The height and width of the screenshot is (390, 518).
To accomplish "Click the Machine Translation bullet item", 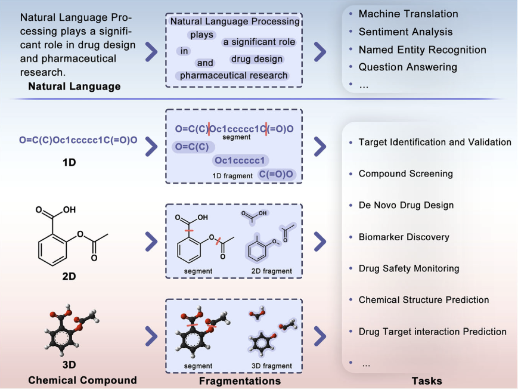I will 408,14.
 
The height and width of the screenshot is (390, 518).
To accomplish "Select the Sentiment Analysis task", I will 405,32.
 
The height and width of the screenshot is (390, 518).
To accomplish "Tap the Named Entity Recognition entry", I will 422,49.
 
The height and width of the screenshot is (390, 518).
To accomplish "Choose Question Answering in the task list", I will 408,67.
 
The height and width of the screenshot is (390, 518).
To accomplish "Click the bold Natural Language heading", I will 74,86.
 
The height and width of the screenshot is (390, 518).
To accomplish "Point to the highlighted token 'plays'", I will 201,35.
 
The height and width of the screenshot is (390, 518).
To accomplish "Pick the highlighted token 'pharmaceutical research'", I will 234,76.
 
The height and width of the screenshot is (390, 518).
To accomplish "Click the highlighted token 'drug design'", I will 256,60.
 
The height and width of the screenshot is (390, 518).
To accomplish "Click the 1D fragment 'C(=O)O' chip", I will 277,174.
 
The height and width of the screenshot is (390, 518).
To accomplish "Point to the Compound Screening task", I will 405,174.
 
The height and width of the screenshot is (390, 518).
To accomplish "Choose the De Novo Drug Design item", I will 406,205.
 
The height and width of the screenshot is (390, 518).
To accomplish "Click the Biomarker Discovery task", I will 404,237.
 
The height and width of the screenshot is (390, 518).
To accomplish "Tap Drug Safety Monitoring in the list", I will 408,268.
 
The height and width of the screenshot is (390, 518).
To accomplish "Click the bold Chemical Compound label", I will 82,380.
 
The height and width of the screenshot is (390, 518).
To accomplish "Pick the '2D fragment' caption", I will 271,271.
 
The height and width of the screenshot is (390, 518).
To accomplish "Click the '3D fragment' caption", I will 271,366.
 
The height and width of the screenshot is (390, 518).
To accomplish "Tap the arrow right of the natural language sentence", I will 151,52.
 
